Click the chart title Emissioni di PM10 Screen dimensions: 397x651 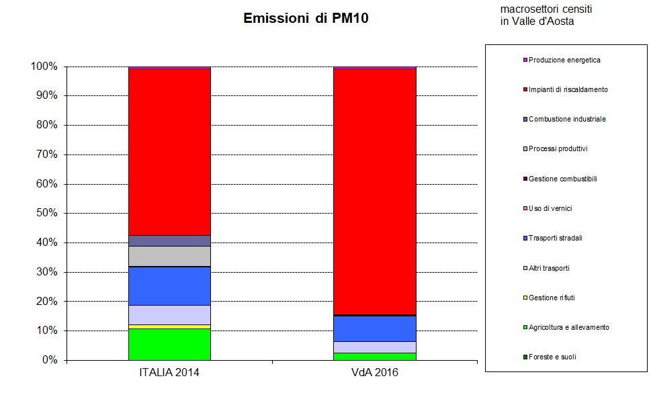pos(306,19)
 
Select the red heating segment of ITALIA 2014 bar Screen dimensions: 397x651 pos(169,152)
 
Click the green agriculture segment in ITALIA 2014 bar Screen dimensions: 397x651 pos(169,344)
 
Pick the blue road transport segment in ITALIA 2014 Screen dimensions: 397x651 pos(169,286)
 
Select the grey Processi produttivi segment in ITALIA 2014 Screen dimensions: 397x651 pos(169,256)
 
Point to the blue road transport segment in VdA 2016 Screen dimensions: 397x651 pos(375,328)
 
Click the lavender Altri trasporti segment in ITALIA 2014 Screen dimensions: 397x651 pos(169,314)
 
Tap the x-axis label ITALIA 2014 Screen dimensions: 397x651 pos(169,372)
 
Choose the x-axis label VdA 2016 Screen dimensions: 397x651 pos(375,372)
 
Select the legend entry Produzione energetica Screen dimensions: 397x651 pos(564,60)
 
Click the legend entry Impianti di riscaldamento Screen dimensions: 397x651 pos(568,89)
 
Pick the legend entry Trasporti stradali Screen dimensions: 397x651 pos(555,238)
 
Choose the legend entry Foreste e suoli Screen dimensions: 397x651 pos(552,357)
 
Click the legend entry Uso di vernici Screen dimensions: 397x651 pos(550,208)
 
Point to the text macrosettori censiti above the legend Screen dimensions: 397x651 pos(546,10)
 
